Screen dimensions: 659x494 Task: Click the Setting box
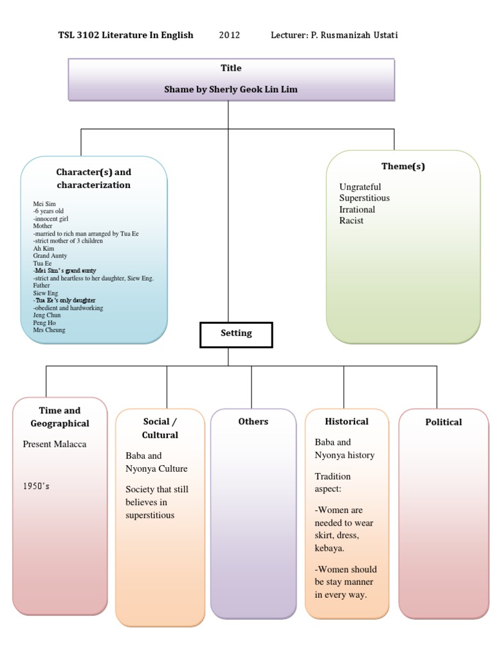click(x=236, y=334)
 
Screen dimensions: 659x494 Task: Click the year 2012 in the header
click(x=229, y=35)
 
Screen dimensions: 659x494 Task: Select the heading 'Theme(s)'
click(x=403, y=166)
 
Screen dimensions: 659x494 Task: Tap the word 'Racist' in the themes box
click(x=351, y=221)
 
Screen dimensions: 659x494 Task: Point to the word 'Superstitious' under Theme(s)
click(x=364, y=198)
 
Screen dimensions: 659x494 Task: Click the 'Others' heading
click(x=253, y=422)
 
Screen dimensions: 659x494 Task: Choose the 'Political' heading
click(x=443, y=422)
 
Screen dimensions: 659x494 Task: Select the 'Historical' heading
click(x=346, y=422)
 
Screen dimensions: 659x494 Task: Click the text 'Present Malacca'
click(x=54, y=444)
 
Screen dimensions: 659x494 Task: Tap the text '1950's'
click(x=36, y=486)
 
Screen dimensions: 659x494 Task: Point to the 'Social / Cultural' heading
click(x=160, y=428)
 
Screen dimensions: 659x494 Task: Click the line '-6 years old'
click(x=48, y=211)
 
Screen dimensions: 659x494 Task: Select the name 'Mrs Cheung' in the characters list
click(x=49, y=330)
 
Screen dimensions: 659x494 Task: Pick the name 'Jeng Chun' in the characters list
click(x=47, y=316)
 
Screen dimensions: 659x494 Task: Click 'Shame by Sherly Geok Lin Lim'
click(x=230, y=89)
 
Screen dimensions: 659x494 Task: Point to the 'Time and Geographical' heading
click(x=60, y=417)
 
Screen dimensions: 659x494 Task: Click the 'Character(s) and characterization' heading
click(x=93, y=178)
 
